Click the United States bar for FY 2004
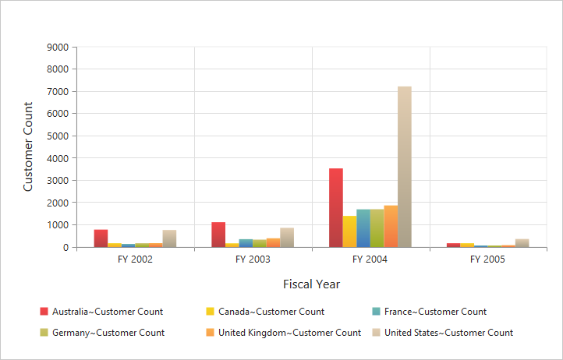pos(404,167)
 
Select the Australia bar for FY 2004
pos(335,208)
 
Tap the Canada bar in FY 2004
pos(349,231)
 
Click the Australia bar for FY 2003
pos(218,235)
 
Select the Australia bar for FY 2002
pos(101,238)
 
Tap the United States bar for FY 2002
pos(169,238)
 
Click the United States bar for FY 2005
pos(522,243)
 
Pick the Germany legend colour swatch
pos(44,333)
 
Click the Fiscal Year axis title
pos(311,284)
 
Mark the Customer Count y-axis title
pos(29,146)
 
